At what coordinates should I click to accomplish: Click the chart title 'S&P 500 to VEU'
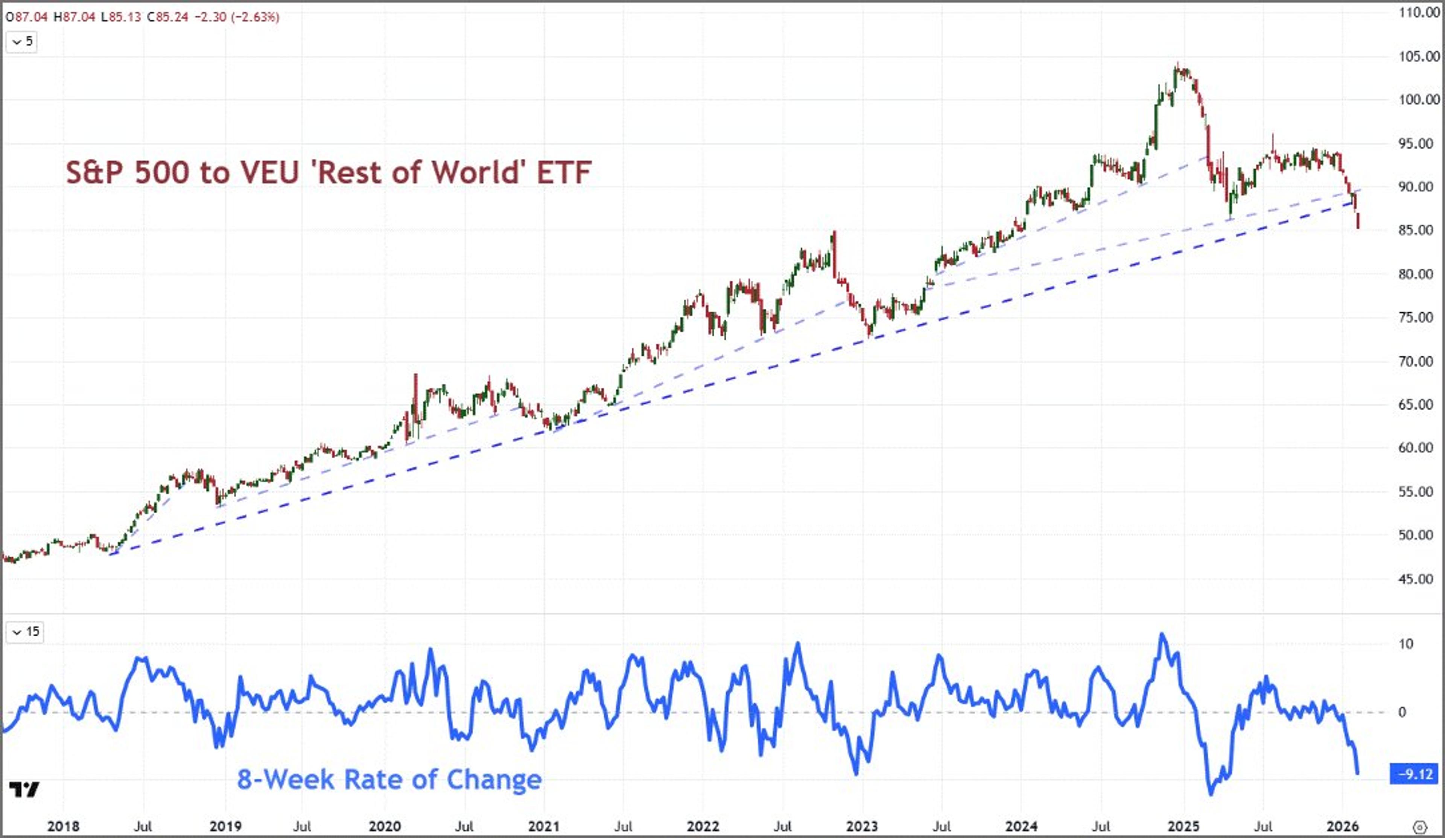point(328,172)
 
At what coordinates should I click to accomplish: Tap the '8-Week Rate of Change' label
point(389,779)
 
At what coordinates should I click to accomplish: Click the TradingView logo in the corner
point(24,790)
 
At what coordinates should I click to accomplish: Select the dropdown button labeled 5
point(22,42)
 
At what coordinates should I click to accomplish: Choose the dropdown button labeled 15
point(25,631)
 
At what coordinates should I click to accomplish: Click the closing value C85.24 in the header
point(167,17)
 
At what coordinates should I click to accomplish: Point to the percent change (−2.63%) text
point(255,17)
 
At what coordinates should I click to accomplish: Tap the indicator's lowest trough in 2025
point(1211,794)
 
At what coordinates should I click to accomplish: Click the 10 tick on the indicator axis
point(1405,643)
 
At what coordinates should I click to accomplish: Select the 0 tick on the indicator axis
point(1402,712)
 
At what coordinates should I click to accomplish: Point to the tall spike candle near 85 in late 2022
point(834,252)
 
